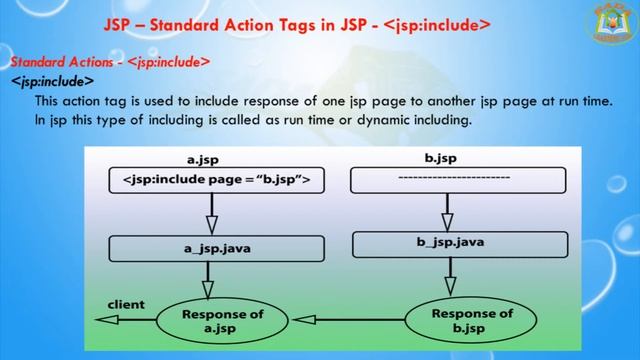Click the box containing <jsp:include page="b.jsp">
tap(216, 180)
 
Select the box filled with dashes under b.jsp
tap(456, 180)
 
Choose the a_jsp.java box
tap(216, 248)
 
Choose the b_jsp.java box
tap(455, 242)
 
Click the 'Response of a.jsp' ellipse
tap(223, 320)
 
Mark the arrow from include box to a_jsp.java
tap(211, 215)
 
